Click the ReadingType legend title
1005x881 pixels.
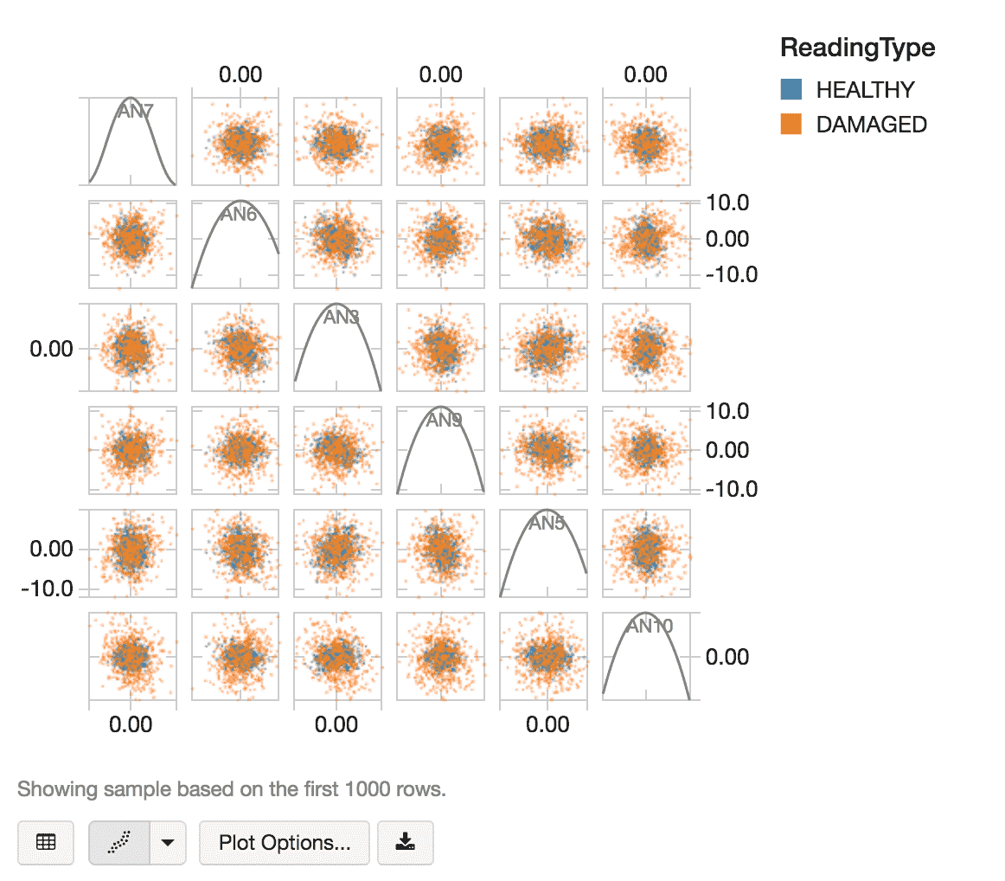pos(857,48)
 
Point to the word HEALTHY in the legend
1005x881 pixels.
pos(865,90)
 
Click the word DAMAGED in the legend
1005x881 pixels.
pos(871,125)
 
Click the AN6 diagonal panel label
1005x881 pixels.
pos(238,215)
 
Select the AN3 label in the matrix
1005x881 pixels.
pos(341,318)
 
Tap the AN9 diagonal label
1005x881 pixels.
pos(444,421)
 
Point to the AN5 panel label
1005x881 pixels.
pos(547,524)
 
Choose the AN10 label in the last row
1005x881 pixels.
pos(649,627)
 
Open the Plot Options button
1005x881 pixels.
pos(285,843)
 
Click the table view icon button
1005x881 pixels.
pos(46,843)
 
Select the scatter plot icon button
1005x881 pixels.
pos(120,843)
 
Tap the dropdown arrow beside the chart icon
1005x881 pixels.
pos(169,843)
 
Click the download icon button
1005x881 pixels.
pos(405,843)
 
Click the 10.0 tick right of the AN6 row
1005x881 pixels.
pos(729,203)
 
